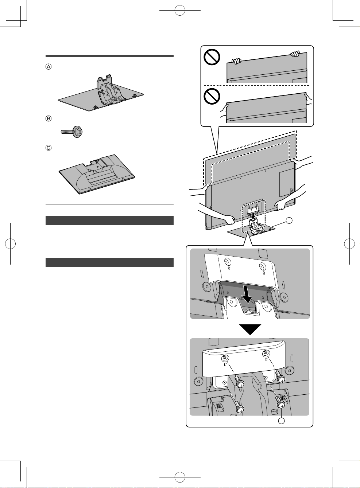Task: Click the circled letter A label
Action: coord(49,67)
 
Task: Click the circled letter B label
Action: coord(49,118)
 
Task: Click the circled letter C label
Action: coord(49,148)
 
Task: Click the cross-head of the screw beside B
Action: coord(80,132)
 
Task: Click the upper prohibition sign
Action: coord(212,57)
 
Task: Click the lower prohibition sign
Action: coord(212,96)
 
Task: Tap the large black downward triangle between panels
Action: coord(250,329)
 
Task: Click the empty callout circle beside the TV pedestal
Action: coord(289,220)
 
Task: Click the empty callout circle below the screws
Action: coord(282,421)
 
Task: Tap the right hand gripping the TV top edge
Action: coord(295,54)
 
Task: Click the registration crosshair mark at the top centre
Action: coord(180,10)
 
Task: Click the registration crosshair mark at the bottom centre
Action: coord(180,477)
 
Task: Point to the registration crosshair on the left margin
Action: coord(10,244)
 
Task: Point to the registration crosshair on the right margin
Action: coord(349,244)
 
